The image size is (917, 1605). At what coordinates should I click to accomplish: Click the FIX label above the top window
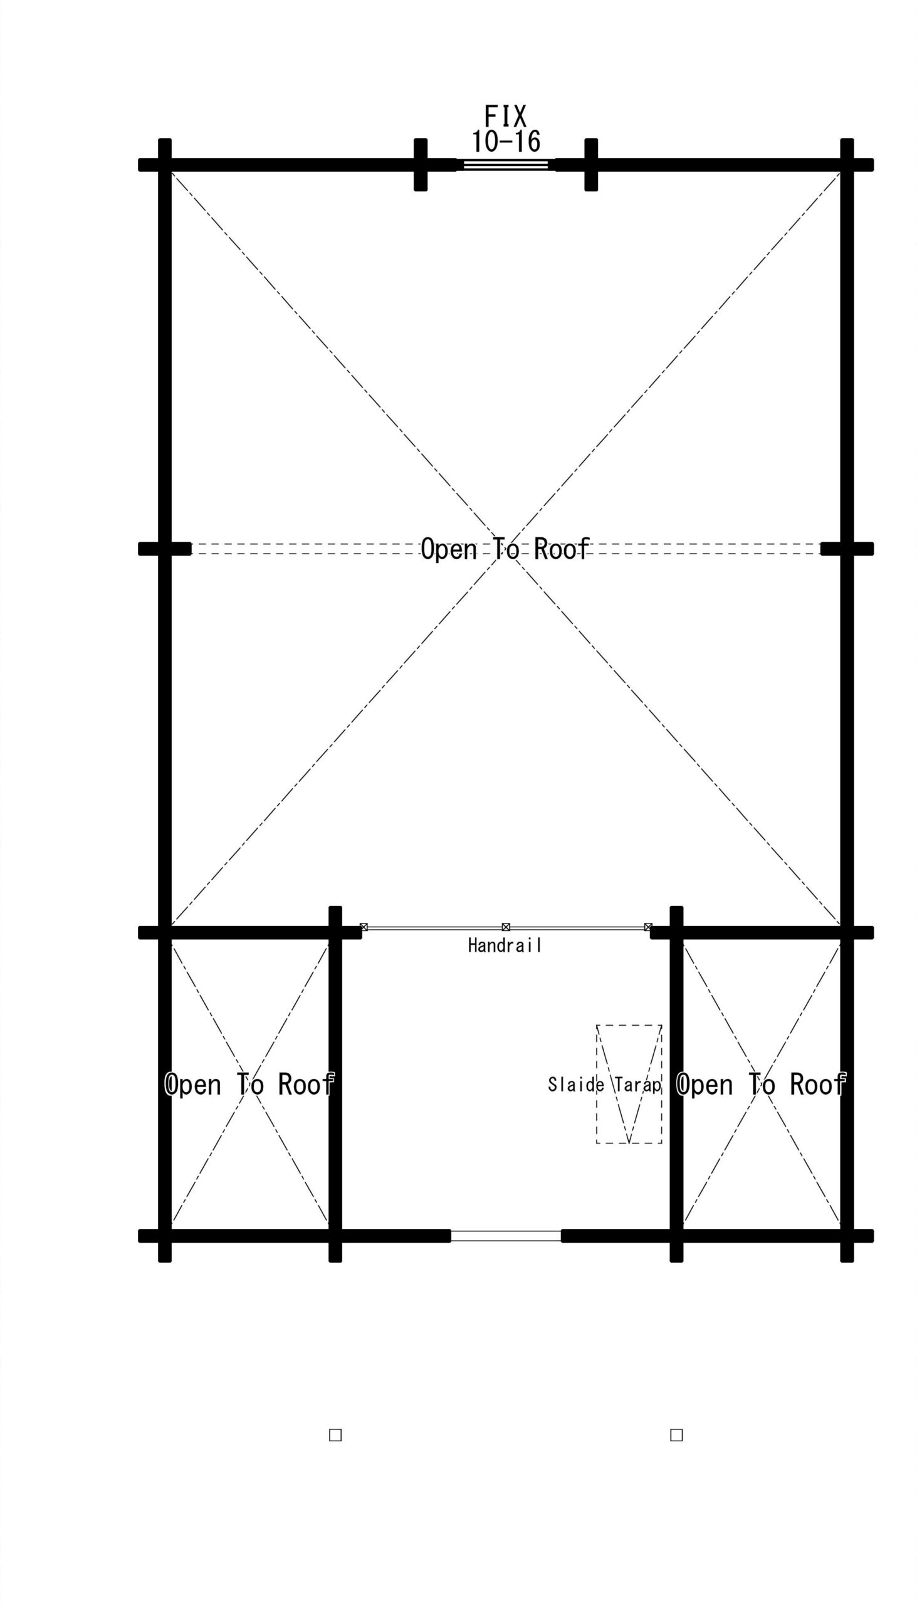click(505, 117)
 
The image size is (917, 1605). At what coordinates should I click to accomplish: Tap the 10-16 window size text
click(506, 142)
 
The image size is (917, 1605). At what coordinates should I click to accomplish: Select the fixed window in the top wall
click(506, 164)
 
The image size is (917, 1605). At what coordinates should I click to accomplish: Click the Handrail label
click(505, 945)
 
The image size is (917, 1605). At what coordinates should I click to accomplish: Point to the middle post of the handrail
click(506, 927)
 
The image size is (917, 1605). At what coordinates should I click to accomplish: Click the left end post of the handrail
click(364, 927)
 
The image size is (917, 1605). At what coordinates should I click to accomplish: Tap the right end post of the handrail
click(648, 927)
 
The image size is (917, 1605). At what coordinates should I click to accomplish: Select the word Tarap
click(638, 1085)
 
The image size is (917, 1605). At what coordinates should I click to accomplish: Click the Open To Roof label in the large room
click(505, 549)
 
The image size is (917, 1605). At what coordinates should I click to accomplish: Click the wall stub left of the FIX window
click(421, 164)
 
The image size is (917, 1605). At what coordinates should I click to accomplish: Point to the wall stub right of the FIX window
click(591, 164)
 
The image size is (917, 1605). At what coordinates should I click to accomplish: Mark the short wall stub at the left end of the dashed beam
click(164, 549)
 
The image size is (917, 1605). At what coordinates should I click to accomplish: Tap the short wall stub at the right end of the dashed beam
click(847, 549)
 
